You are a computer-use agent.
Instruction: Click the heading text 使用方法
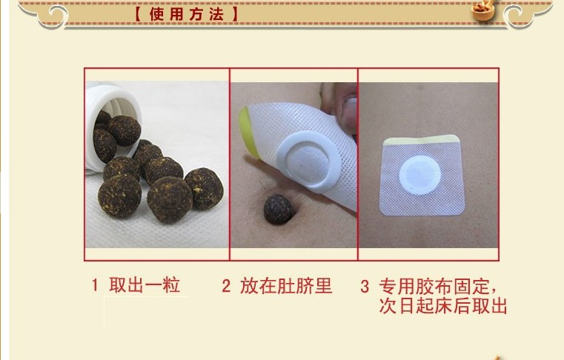(186, 14)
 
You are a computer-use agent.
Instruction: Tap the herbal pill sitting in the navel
(278, 210)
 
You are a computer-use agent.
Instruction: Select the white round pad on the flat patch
(419, 175)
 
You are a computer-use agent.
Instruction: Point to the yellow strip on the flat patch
(422, 139)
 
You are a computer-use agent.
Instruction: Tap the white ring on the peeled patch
(308, 161)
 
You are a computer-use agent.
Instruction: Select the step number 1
(95, 285)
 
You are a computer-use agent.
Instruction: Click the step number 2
(226, 286)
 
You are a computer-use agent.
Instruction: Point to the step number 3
(365, 287)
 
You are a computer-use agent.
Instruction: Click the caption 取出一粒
(145, 285)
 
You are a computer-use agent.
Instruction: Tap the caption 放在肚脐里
(286, 286)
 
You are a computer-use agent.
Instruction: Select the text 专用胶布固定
(434, 287)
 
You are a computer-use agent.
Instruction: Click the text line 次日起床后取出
(442, 306)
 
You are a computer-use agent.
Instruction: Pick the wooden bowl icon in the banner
(484, 10)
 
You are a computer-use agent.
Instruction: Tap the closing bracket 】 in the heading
(234, 14)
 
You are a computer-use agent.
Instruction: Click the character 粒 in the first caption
(171, 285)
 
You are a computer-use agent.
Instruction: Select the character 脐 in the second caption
(305, 286)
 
